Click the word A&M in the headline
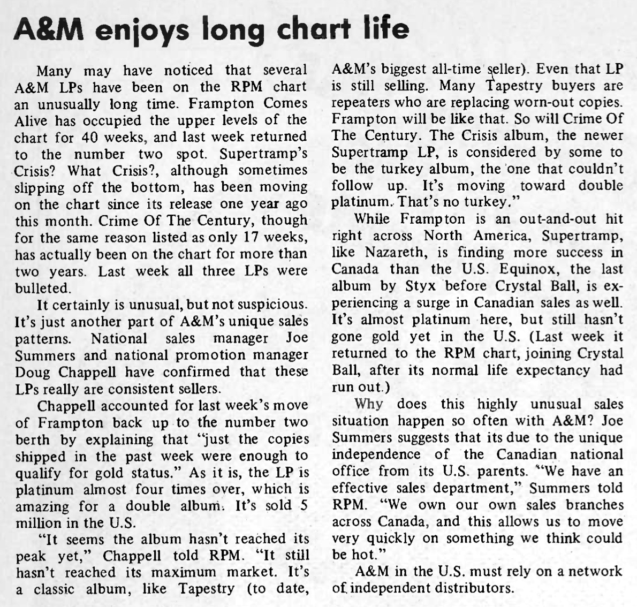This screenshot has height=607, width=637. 49,29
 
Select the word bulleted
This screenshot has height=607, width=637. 43,287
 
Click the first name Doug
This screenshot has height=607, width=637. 32,371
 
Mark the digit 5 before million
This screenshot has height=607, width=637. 303,505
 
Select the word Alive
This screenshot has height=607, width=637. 33,120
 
